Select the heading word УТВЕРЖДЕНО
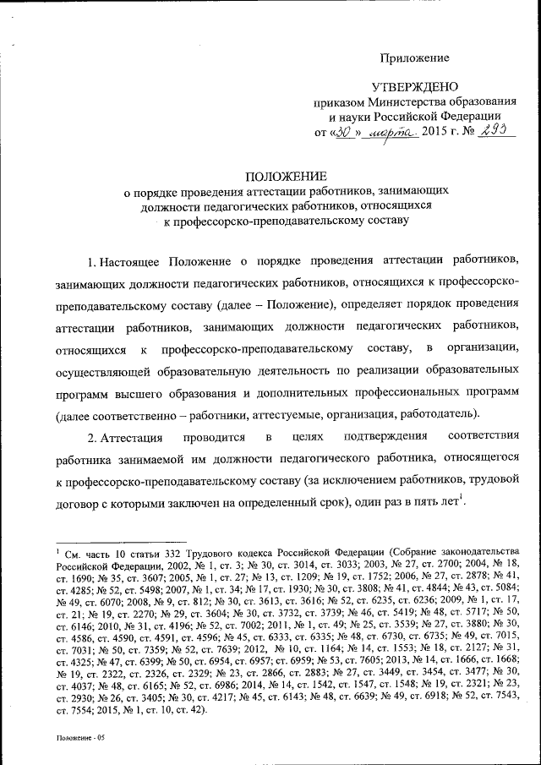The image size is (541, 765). coord(415,87)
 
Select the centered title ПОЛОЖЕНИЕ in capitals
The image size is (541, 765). coord(285,176)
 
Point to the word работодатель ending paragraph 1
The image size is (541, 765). coord(440,414)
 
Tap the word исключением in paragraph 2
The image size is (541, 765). coord(364,481)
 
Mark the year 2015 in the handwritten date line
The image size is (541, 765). coord(437,133)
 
